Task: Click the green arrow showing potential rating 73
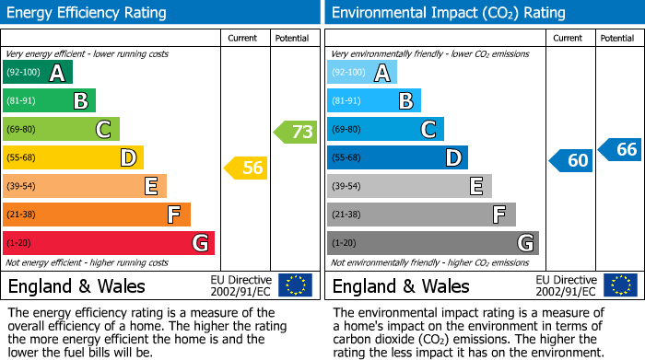pyautogui.click(x=296, y=132)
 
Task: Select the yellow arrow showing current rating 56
pyautogui.click(x=247, y=168)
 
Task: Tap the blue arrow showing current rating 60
pyautogui.click(x=571, y=160)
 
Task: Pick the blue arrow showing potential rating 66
pyautogui.click(x=620, y=149)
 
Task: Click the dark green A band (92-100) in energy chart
pyautogui.click(x=38, y=73)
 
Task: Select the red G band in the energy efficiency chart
pyautogui.click(x=109, y=243)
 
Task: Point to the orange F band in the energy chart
pyautogui.click(x=97, y=215)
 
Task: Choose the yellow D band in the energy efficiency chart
pyautogui.click(x=73, y=158)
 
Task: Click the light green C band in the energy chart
pyautogui.click(x=61, y=130)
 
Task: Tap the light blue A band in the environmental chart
pyautogui.click(x=362, y=73)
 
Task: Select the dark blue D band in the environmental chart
pyautogui.click(x=397, y=158)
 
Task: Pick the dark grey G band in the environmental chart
pyautogui.click(x=432, y=243)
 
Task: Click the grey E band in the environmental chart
pyautogui.click(x=409, y=186)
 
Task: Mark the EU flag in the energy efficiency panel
pyautogui.click(x=295, y=285)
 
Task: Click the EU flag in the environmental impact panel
pyautogui.click(x=619, y=285)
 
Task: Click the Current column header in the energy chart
pyautogui.click(x=242, y=38)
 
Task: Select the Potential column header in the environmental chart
pyautogui.click(x=617, y=38)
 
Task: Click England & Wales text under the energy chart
pyautogui.click(x=76, y=286)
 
